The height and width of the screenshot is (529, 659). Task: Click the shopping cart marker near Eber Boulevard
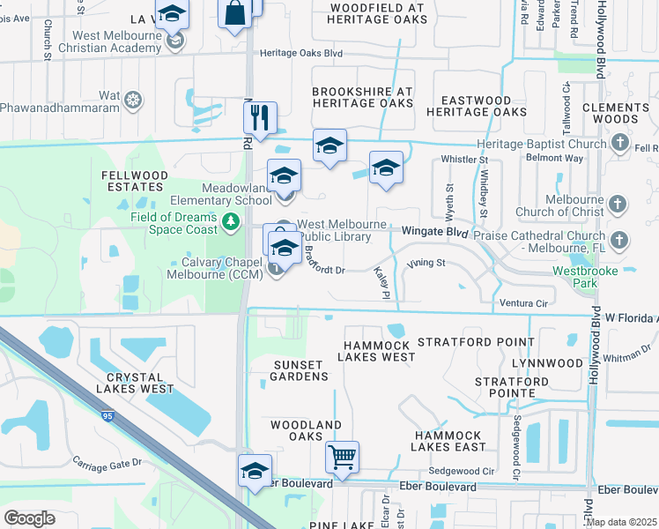tap(342, 458)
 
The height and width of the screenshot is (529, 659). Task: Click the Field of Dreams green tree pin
tap(231, 220)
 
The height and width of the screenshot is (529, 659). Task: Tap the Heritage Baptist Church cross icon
tap(620, 143)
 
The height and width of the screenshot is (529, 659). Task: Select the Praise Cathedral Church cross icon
tap(619, 240)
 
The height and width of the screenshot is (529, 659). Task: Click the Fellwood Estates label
tap(135, 182)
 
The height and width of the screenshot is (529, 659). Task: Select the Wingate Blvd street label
tap(434, 231)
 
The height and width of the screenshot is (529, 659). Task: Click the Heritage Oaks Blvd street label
tap(300, 54)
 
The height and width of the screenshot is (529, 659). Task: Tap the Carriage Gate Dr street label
tap(107, 464)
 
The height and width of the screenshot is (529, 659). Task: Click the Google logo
tap(30, 518)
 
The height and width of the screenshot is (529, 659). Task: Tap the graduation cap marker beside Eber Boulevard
tap(255, 471)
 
